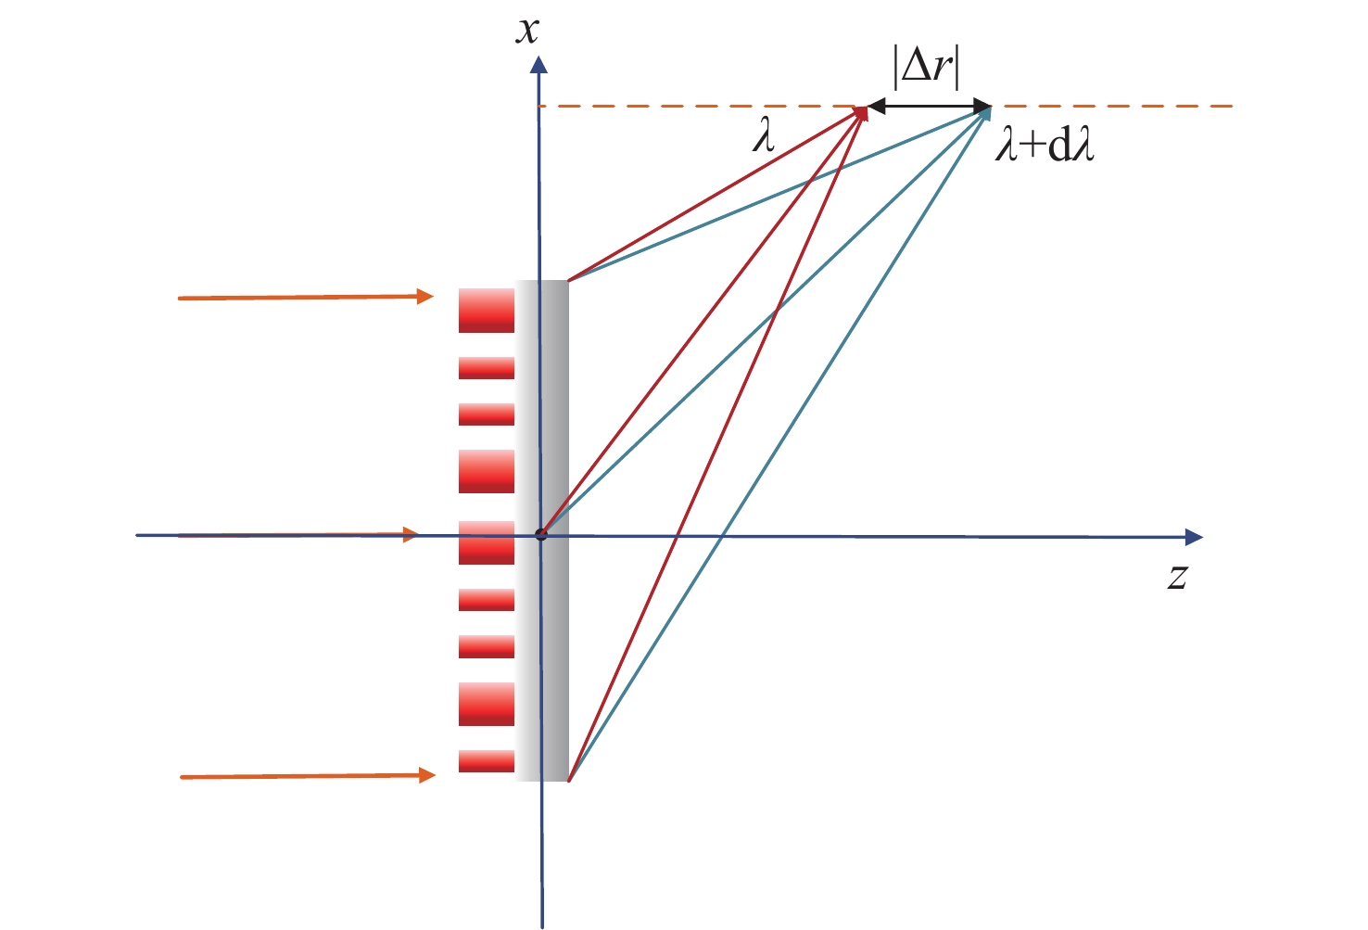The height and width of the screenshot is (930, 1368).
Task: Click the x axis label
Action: point(528,32)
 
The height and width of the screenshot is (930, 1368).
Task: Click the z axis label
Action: point(1177,577)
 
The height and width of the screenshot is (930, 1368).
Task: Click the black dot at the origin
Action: point(541,535)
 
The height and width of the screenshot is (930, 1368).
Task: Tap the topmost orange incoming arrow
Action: point(306,298)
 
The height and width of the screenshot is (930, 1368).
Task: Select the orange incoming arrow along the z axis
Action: point(297,535)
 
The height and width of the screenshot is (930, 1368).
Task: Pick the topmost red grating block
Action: point(487,310)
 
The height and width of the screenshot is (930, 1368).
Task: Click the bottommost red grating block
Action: point(487,761)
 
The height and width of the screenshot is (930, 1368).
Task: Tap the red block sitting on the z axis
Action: point(487,542)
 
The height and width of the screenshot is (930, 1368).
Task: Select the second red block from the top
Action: point(487,368)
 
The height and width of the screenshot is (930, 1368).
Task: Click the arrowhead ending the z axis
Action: point(1194,537)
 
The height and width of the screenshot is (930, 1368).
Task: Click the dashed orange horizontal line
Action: point(1112,107)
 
